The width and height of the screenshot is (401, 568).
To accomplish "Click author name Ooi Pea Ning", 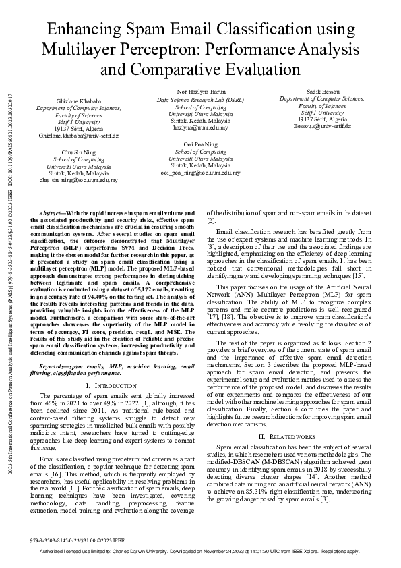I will click(x=201, y=144).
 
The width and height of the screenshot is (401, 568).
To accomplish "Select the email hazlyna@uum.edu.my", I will click(x=201, y=127).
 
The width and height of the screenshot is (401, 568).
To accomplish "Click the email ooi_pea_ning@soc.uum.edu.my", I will click(x=201, y=173).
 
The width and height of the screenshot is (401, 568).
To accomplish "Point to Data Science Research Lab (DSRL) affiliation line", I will click(x=201, y=99).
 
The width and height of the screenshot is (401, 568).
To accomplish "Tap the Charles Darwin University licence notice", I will click(x=200, y=551).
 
